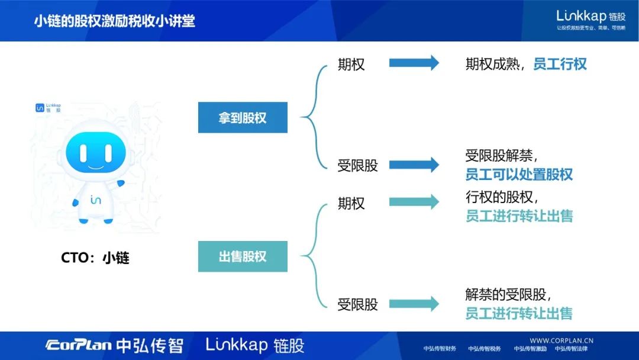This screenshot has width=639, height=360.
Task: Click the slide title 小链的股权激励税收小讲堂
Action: [114, 21]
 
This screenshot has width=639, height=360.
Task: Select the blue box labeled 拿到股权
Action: [243, 117]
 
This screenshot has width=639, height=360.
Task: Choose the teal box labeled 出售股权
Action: [243, 256]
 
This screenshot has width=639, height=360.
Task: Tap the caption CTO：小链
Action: [95, 258]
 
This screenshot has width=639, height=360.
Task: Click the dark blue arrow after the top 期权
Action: [414, 63]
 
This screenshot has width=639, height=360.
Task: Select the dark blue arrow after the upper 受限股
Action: [414, 165]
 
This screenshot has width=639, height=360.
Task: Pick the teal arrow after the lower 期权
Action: [414, 202]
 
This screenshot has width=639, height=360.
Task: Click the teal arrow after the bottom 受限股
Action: [414, 304]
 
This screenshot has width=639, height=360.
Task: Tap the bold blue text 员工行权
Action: [560, 64]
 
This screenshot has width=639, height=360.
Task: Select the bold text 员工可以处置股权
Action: [519, 175]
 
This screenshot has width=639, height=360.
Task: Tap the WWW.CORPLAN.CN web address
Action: [561, 340]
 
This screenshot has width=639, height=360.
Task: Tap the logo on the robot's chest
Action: [95, 200]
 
